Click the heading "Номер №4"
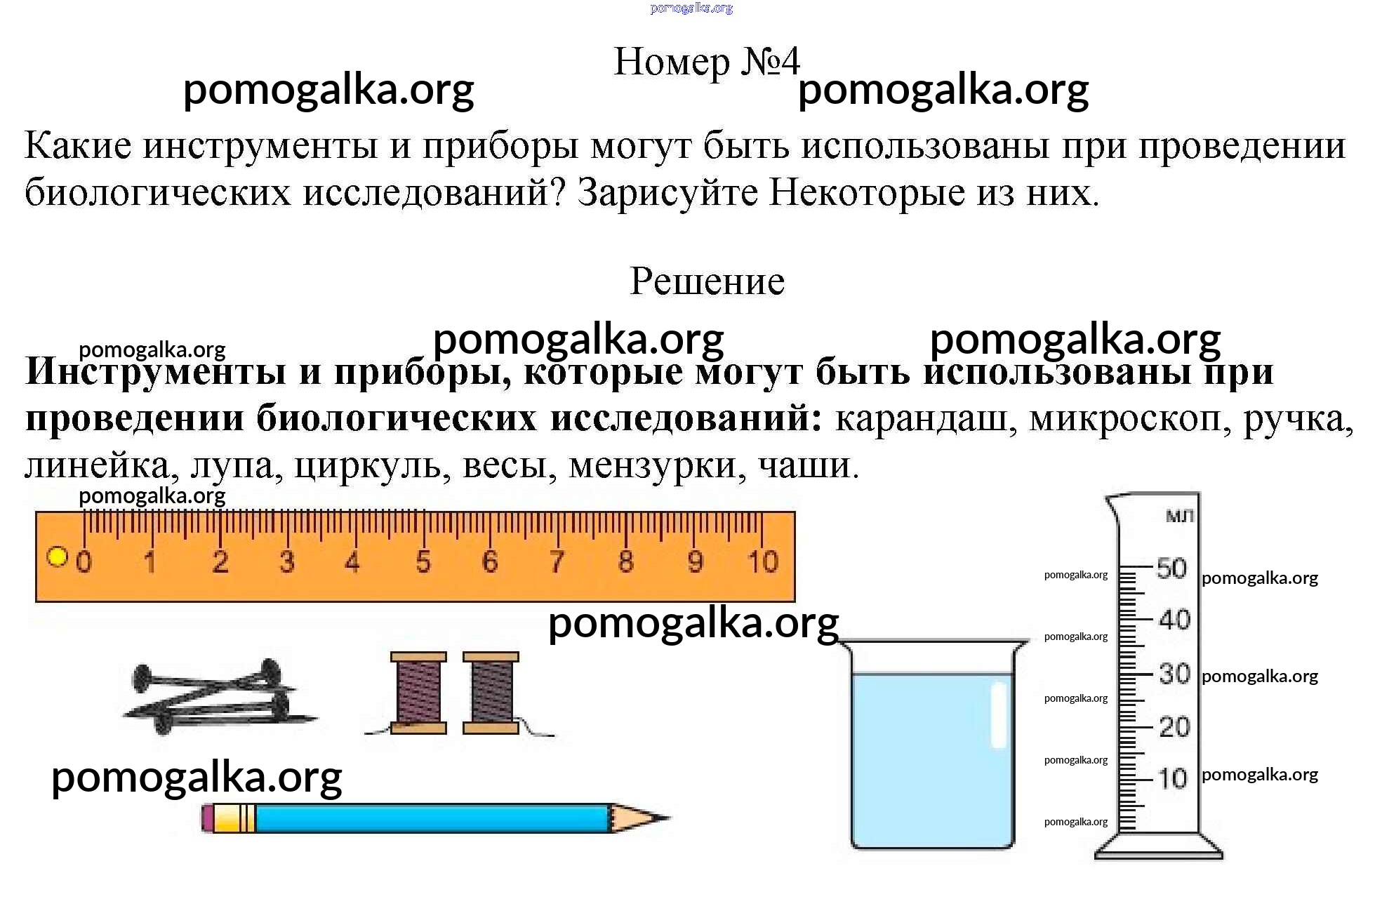coord(707,62)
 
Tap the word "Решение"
coord(707,281)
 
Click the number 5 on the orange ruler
coord(423,562)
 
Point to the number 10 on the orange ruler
coord(762,561)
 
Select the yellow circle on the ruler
coord(57,557)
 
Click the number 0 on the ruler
coord(84,562)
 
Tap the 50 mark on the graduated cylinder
coord(1171,568)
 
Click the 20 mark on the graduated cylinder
coord(1174,727)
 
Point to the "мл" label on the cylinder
coord(1179,517)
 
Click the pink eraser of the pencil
coord(207,818)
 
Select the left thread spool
coord(418,693)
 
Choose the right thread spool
coord(491,693)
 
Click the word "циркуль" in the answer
coord(373,465)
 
